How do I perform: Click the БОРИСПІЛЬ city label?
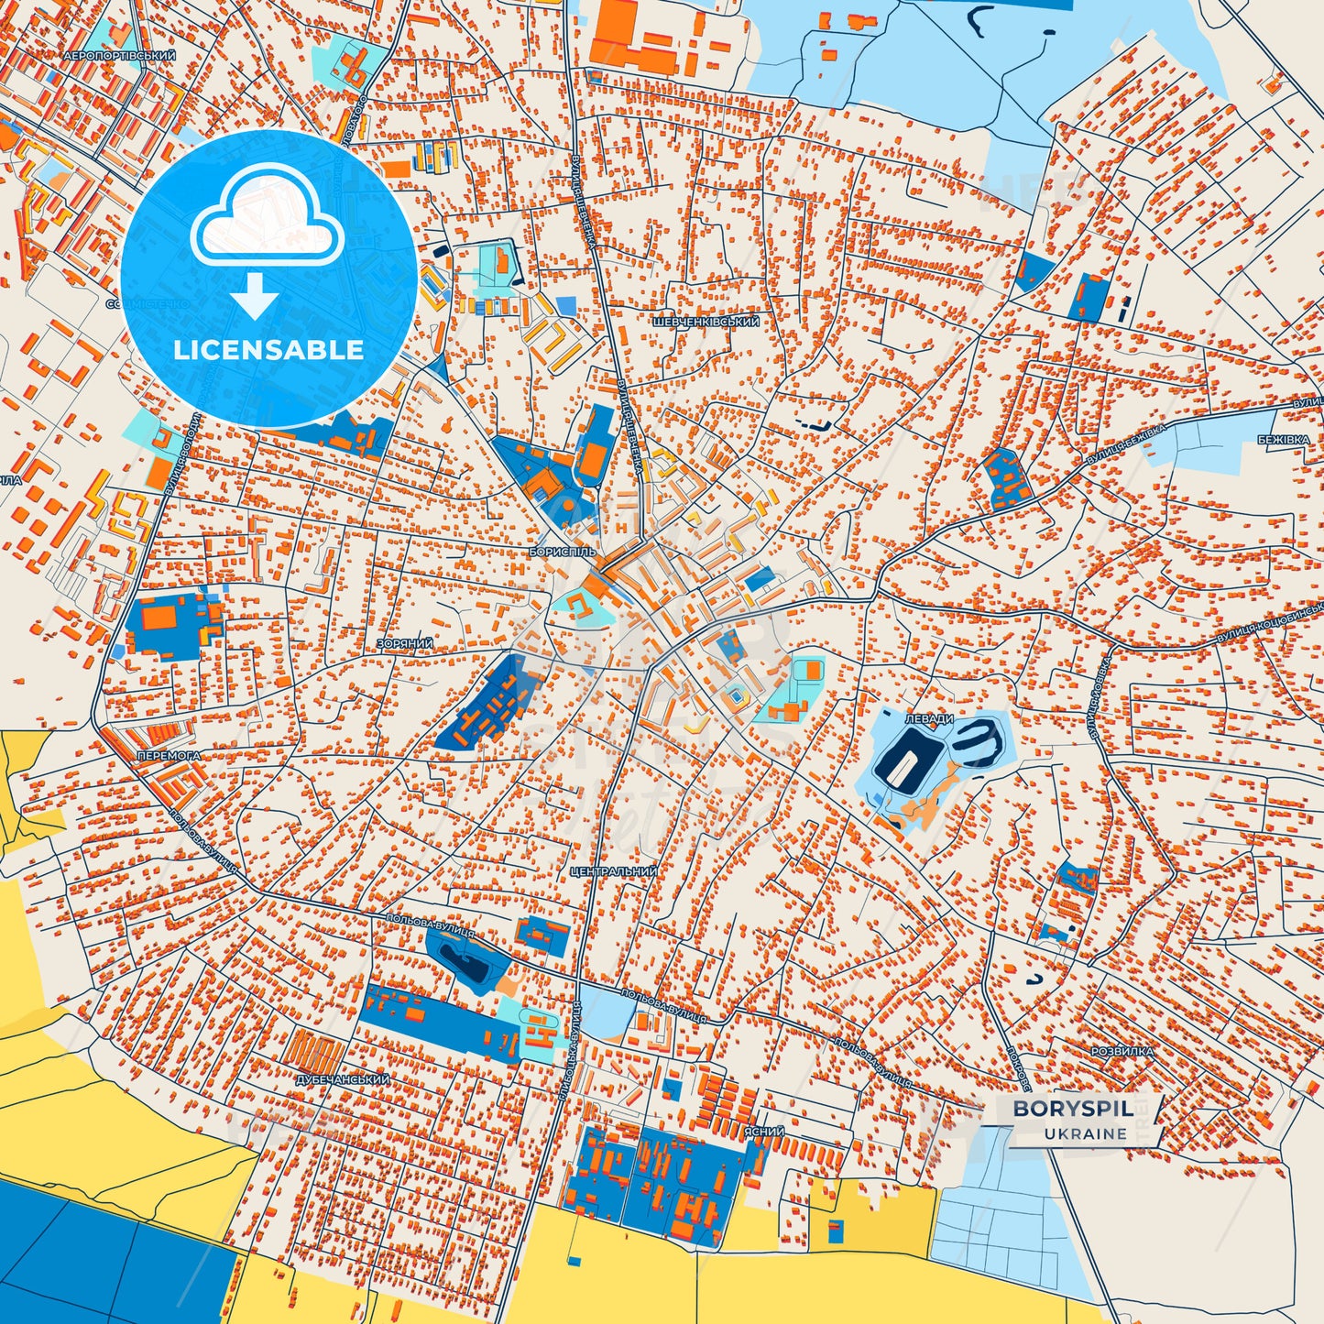[x=562, y=553]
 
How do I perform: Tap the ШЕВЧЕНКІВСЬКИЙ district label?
[x=706, y=323]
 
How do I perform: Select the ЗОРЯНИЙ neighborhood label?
[x=404, y=644]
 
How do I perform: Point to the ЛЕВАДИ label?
[x=929, y=720]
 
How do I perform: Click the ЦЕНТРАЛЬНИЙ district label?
[x=613, y=871]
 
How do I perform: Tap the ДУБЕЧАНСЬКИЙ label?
[x=343, y=1079]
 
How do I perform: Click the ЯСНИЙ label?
[x=763, y=1133]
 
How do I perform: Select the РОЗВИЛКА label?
[x=1122, y=1052]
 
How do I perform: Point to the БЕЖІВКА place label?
[x=1283, y=441]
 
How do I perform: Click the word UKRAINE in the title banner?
[x=1085, y=1133]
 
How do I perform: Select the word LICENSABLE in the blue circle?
[x=268, y=350]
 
